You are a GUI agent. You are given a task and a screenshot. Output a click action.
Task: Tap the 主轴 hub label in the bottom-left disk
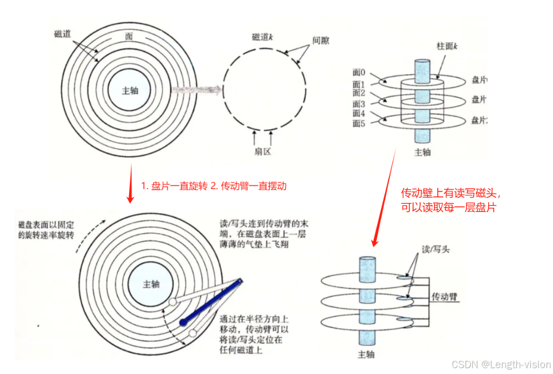(151, 284)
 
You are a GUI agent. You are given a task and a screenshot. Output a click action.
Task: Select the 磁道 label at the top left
(62, 34)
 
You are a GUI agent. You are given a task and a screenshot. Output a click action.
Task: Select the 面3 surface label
(359, 104)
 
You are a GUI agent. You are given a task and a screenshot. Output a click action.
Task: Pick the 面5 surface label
(359, 124)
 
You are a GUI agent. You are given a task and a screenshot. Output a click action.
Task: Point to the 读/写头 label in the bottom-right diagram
(435, 249)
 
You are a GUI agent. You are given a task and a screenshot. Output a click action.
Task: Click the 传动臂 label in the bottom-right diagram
(445, 296)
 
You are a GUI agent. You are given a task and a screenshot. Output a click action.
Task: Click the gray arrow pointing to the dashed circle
(195, 90)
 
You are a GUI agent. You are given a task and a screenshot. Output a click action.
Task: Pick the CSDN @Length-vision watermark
(500, 364)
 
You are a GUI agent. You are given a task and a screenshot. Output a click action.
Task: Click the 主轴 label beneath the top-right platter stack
(422, 152)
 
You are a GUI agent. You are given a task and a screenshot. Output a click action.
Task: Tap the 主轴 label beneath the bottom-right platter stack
(367, 354)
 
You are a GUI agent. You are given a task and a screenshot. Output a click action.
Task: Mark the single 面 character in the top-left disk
(129, 36)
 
